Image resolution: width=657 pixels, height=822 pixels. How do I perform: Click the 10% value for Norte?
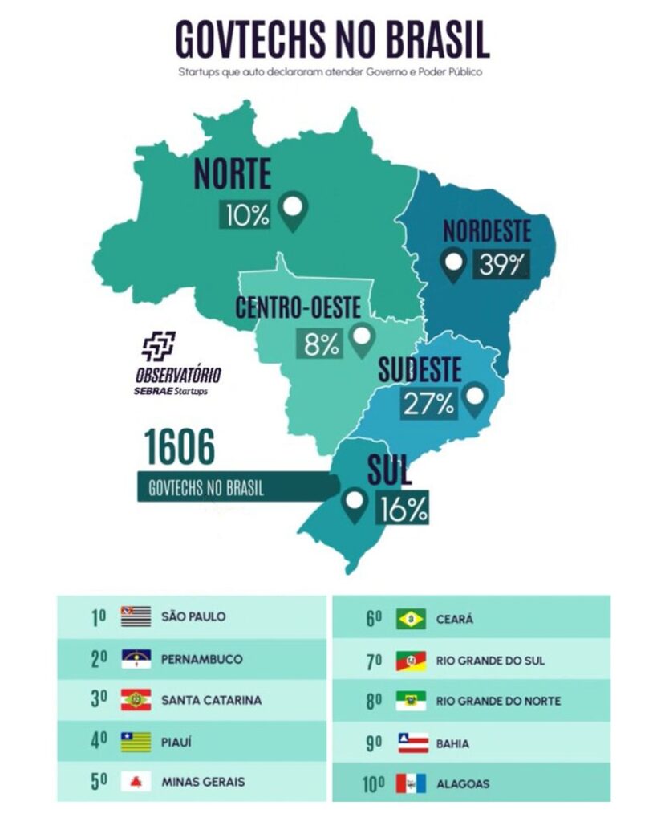point(247,214)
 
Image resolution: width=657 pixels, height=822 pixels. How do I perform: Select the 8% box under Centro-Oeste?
point(321,344)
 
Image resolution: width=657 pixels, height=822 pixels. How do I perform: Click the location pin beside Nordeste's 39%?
point(455,264)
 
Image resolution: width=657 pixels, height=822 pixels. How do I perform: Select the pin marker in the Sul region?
point(354,505)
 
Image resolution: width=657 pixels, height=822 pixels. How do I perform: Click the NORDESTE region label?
point(487,231)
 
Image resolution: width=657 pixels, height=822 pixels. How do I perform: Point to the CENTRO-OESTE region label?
point(298,308)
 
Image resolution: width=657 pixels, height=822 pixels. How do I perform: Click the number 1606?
point(179,448)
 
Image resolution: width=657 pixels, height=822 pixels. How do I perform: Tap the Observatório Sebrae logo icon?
point(158,346)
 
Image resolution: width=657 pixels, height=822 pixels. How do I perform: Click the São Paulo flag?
point(136,616)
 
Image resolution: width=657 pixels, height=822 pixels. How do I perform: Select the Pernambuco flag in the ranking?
point(136,659)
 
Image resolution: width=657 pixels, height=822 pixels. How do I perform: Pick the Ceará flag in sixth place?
point(411,619)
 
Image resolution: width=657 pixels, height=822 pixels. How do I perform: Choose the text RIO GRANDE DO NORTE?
point(498,701)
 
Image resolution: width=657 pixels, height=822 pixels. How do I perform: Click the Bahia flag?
point(411,743)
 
